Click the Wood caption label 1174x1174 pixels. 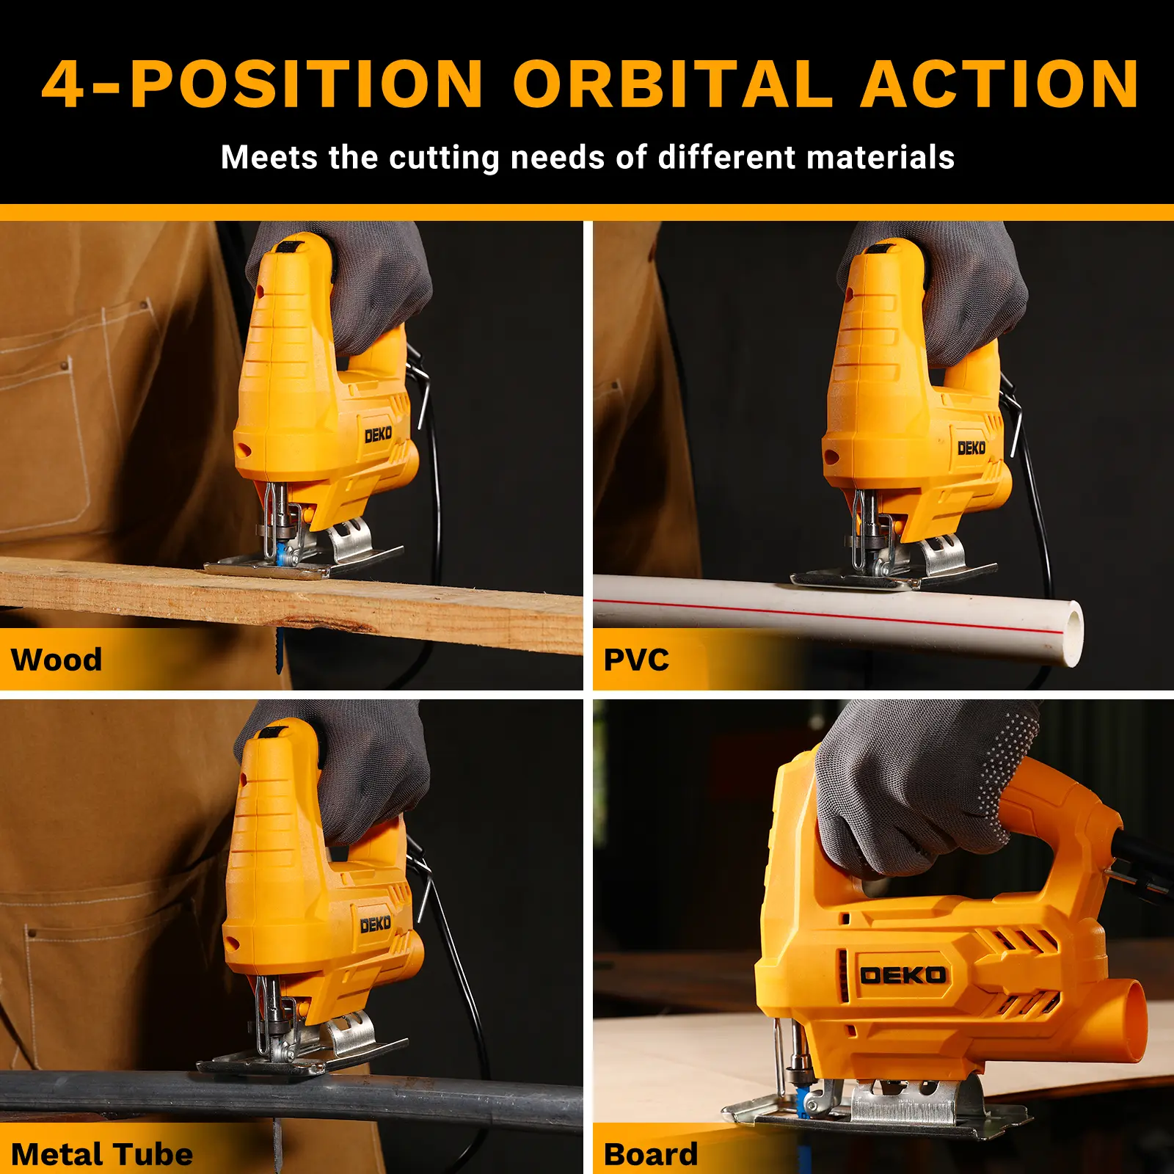pyautogui.click(x=56, y=660)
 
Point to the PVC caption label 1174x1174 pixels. pyautogui.click(x=636, y=660)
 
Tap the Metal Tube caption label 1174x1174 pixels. pyautogui.click(x=102, y=1154)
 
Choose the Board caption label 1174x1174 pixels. pyautogui.click(x=651, y=1154)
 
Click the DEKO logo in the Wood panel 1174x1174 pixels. pyautogui.click(x=379, y=435)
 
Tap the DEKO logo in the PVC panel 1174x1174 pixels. pyautogui.click(x=971, y=448)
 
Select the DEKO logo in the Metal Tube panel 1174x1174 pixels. pyautogui.click(x=376, y=925)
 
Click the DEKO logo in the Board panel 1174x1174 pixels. pyautogui.click(x=903, y=975)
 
